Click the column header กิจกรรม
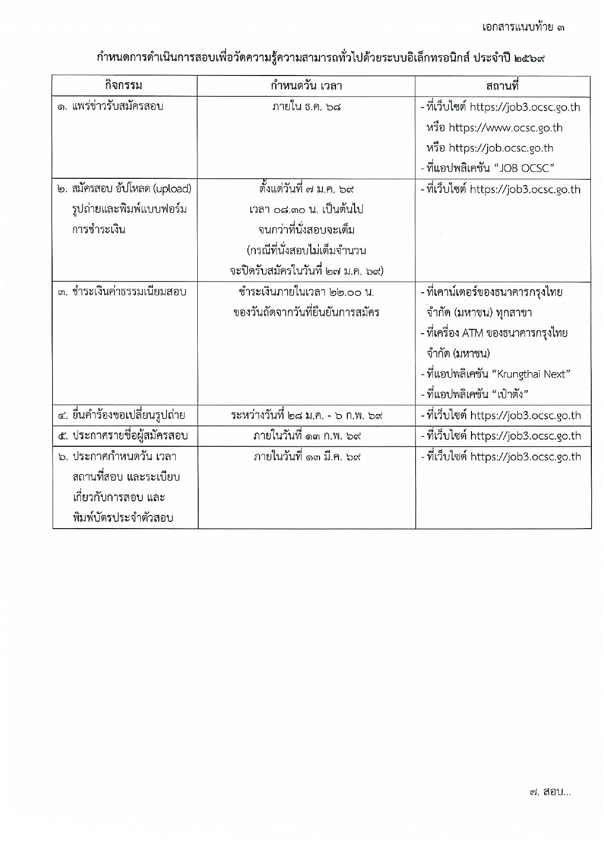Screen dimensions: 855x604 (x=123, y=86)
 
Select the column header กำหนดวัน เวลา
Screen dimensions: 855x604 (x=306, y=86)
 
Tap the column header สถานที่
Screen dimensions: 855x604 (x=502, y=86)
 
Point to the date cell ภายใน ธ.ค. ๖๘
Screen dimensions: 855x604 (x=306, y=107)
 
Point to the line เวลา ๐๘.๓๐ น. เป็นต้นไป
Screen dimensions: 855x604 (x=306, y=209)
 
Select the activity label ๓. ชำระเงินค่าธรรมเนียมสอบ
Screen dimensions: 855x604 (x=122, y=292)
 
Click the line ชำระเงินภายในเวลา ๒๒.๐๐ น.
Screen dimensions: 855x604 (x=306, y=292)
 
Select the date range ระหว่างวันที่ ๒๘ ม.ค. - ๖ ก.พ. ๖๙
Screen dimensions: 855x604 (x=306, y=416)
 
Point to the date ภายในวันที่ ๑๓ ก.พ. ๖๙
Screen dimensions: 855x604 (x=306, y=436)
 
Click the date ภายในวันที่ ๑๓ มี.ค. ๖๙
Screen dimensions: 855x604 (x=306, y=456)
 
